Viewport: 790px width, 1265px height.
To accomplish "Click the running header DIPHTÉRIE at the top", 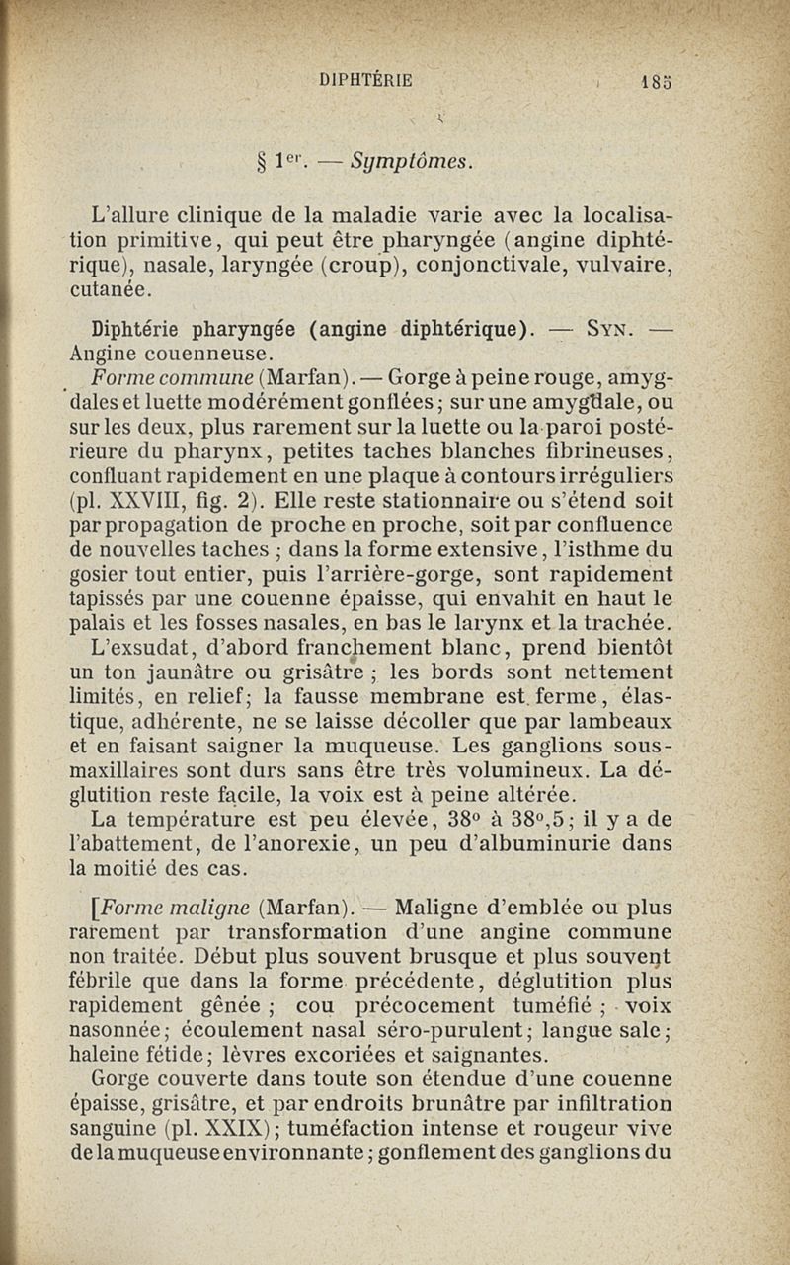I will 364,80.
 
